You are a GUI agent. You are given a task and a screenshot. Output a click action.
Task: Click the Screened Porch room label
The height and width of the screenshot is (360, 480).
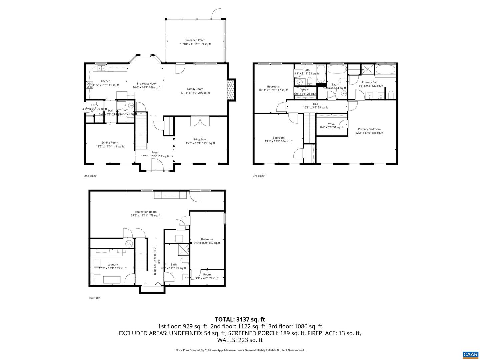click(195, 40)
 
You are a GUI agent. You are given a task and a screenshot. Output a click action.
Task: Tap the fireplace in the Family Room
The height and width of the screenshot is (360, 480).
click(231, 90)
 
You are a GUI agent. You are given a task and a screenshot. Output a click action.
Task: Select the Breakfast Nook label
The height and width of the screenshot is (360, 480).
click(146, 84)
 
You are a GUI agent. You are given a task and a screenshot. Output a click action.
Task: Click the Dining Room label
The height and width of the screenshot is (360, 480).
click(110, 143)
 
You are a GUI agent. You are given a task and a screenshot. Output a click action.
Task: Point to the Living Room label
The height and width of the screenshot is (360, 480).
click(200, 139)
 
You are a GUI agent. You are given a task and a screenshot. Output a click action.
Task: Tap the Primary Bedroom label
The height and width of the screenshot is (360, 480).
click(369, 129)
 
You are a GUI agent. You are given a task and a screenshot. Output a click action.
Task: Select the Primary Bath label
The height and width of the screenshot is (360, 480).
click(370, 82)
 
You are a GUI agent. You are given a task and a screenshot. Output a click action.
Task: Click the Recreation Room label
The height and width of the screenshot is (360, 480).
click(146, 212)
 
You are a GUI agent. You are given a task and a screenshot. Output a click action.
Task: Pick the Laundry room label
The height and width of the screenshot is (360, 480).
click(113, 265)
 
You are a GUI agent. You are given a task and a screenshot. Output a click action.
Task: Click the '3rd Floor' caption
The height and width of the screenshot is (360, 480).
click(259, 176)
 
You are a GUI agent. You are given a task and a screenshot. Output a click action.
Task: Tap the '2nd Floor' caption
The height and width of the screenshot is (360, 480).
click(90, 176)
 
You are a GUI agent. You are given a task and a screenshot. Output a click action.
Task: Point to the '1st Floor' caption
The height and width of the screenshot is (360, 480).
click(94, 298)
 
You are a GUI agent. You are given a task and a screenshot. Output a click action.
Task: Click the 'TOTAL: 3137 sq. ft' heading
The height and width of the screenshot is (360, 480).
click(240, 319)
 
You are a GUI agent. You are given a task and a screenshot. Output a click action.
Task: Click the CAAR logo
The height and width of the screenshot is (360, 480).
click(470, 354)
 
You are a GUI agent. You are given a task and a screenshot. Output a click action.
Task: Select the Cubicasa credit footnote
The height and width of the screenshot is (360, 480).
click(240, 350)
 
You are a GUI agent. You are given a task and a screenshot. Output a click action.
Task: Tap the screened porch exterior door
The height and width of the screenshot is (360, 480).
click(216, 13)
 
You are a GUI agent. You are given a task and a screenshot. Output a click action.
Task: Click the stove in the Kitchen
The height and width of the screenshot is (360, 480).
click(89, 85)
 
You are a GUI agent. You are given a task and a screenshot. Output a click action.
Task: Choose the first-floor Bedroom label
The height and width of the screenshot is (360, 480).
click(207, 239)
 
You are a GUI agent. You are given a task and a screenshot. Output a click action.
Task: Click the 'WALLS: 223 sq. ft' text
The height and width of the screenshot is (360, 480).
click(240, 340)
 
